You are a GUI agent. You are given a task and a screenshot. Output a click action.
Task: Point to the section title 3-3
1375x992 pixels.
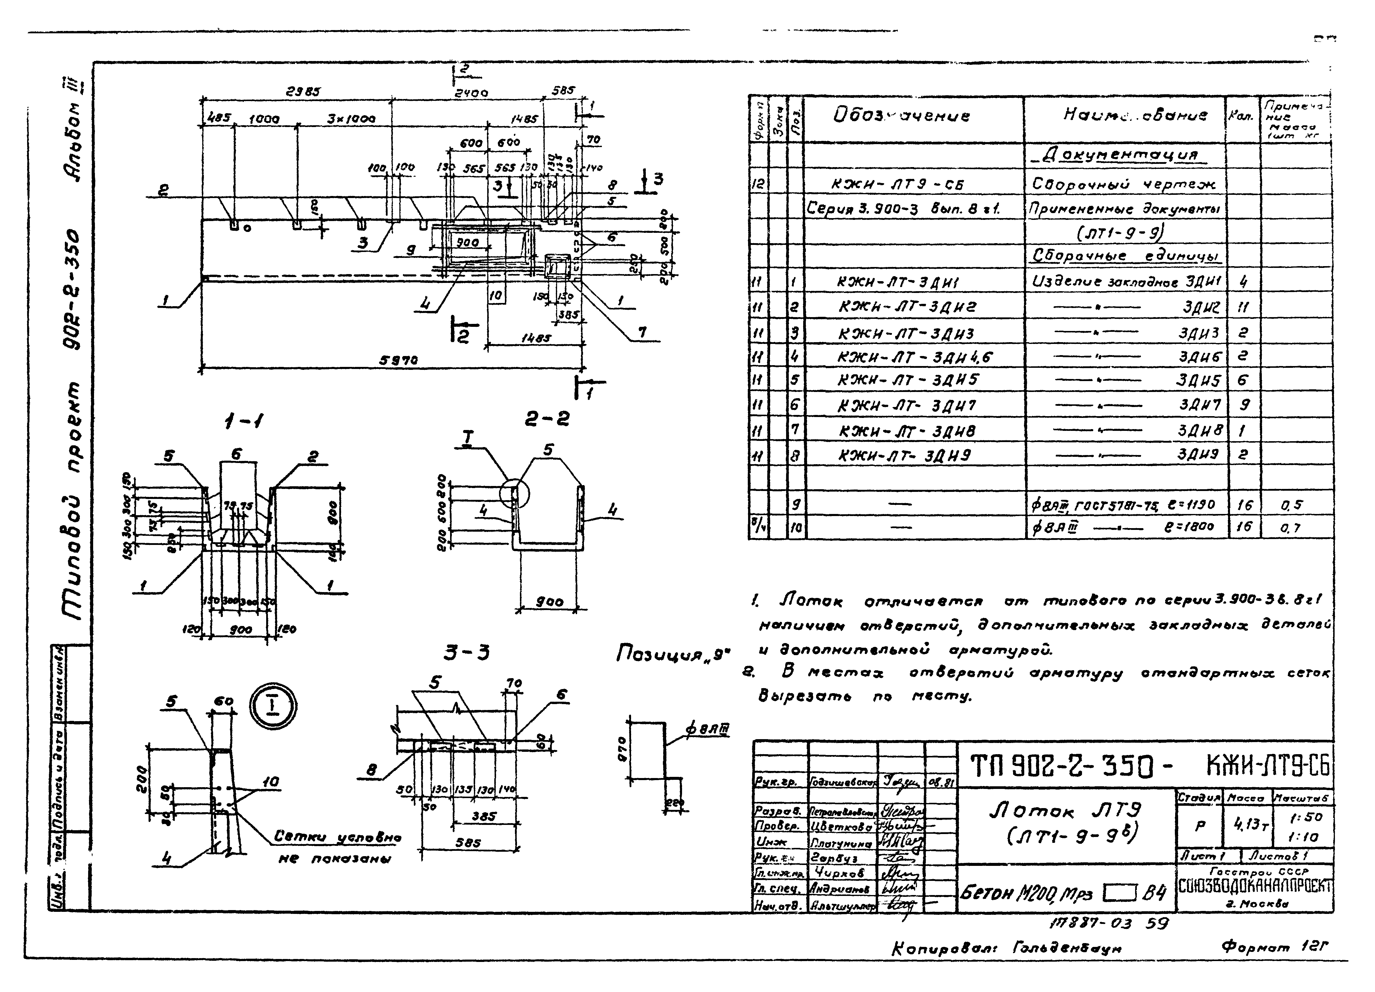point(466,653)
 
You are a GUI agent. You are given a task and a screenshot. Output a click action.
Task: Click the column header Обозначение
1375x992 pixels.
point(901,115)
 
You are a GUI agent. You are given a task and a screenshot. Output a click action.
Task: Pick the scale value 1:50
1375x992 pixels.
point(1305,817)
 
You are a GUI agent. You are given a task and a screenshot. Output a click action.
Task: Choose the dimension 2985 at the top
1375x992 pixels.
point(303,92)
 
